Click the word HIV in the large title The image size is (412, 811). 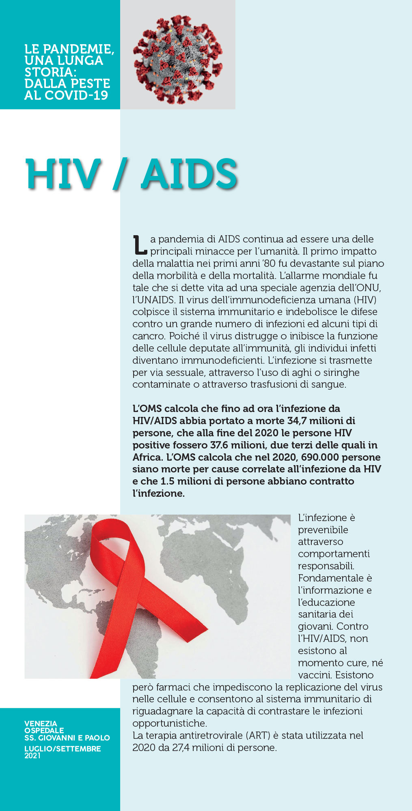(x=63, y=174)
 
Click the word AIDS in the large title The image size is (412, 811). (x=189, y=174)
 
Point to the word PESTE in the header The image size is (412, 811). (x=90, y=84)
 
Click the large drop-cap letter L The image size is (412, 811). (x=140, y=245)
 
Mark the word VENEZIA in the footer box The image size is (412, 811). (x=41, y=723)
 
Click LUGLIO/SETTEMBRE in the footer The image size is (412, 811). (x=63, y=749)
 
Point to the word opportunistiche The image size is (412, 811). (x=169, y=723)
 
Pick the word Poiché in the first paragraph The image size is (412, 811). (x=183, y=336)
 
